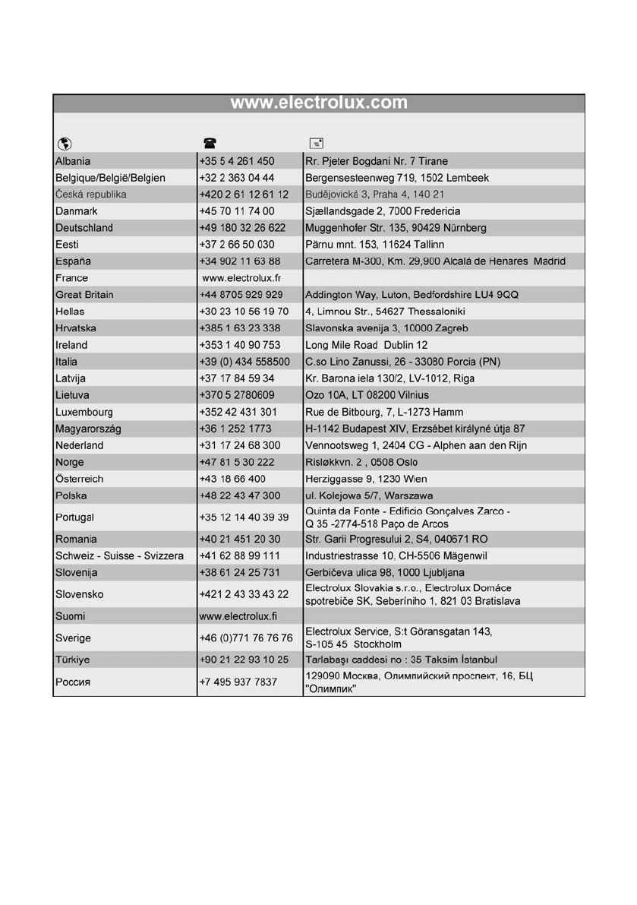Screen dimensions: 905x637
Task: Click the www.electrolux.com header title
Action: click(319, 103)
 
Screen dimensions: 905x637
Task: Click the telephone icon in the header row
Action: click(209, 143)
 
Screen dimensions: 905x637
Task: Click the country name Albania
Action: click(73, 161)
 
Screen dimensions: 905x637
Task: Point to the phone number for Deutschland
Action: click(242, 228)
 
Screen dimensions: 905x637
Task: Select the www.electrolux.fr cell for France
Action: click(241, 278)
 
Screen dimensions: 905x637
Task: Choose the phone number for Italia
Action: click(244, 362)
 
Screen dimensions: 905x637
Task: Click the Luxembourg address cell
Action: click(384, 412)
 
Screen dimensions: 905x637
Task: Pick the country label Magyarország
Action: click(88, 429)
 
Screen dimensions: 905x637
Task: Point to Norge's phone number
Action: click(238, 462)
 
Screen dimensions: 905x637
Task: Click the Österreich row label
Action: click(79, 479)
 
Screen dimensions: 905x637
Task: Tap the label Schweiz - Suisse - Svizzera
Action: click(119, 556)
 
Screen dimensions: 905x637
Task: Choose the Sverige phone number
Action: click(245, 638)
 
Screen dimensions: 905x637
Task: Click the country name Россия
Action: click(73, 682)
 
